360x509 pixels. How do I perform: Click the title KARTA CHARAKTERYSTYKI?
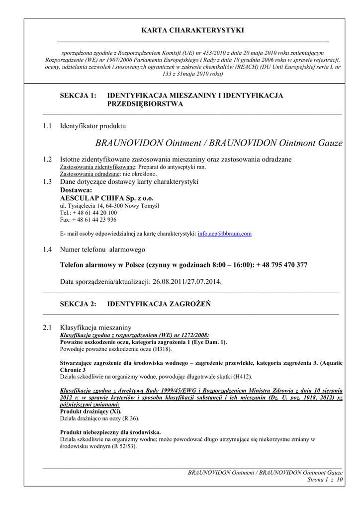193,30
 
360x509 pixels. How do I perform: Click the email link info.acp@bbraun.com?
225,233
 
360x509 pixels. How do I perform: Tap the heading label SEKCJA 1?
78,95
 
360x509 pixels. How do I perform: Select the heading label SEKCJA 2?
78,304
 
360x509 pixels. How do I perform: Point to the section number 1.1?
47,126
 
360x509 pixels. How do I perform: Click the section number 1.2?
47,159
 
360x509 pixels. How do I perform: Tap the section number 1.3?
47,181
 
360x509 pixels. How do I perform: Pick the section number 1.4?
47,250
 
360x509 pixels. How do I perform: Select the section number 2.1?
47,328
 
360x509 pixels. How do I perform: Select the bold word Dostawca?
76,190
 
